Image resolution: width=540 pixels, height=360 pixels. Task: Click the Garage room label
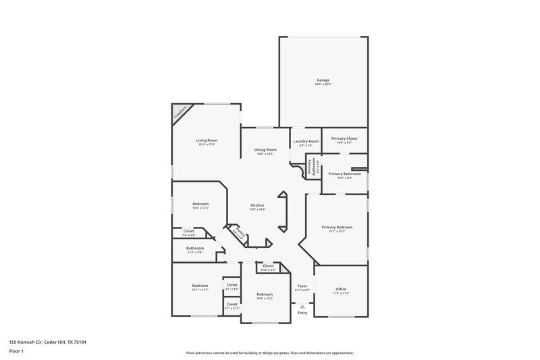click(323, 80)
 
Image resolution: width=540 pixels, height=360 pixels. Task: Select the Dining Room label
click(265, 149)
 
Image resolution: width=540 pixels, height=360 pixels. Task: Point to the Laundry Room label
click(305, 141)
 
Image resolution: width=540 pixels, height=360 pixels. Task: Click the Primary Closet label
click(344, 138)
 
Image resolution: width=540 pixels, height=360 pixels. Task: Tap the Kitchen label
click(257, 205)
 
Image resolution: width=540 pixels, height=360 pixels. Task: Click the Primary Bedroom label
click(336, 228)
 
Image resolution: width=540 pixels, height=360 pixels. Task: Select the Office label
click(340, 289)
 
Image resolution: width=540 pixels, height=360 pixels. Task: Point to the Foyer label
click(302, 286)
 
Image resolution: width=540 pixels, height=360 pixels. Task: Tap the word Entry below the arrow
click(302, 313)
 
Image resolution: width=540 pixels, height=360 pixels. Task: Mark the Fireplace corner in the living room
click(180, 113)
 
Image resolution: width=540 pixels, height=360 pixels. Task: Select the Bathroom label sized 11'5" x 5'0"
click(195, 249)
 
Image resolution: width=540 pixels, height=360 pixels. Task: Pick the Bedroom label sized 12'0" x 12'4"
click(200, 204)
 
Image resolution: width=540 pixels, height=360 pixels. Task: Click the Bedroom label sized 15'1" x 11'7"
click(200, 286)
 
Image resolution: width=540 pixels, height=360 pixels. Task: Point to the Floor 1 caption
click(15, 352)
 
